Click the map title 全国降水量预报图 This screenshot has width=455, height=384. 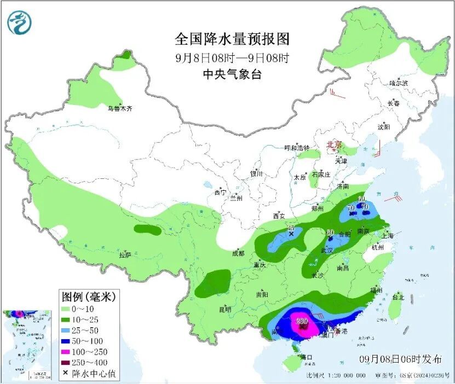pyautogui.click(x=232, y=39)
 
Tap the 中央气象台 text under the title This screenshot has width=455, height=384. pyautogui.click(x=232, y=75)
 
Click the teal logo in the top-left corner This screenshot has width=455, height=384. pyautogui.click(x=20, y=22)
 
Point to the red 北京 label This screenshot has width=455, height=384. pyautogui.click(x=334, y=145)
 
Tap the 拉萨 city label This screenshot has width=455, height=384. pyautogui.click(x=125, y=255)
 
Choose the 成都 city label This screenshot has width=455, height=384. pyautogui.click(x=238, y=253)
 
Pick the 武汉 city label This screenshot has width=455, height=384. pyautogui.click(x=327, y=250)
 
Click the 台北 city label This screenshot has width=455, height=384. pyautogui.click(x=398, y=298)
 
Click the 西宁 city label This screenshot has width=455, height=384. pyautogui.click(x=220, y=193)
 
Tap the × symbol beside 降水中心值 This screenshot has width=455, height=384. pyautogui.click(x=66, y=373)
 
